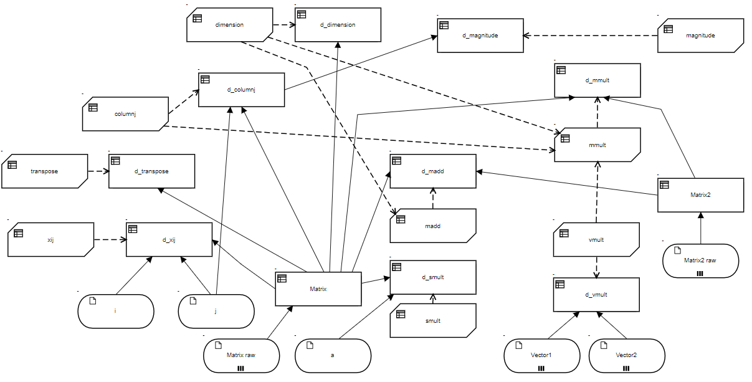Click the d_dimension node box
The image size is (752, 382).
(338, 25)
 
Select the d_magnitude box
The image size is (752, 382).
(480, 35)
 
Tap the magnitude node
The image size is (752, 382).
(700, 36)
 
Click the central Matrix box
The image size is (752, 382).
(318, 289)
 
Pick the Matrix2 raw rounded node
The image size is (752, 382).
(700, 260)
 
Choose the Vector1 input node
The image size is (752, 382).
(541, 355)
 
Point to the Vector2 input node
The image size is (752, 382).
(626, 355)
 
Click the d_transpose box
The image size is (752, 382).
(151, 171)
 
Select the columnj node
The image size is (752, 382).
(125, 114)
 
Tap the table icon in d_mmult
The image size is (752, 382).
(561, 70)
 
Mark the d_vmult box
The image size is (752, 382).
(596, 295)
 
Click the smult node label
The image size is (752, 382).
(432, 321)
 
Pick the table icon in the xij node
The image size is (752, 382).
(18, 233)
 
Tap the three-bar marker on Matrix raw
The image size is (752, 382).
(241, 368)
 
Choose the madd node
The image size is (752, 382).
(432, 226)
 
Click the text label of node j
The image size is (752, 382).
(216, 310)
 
